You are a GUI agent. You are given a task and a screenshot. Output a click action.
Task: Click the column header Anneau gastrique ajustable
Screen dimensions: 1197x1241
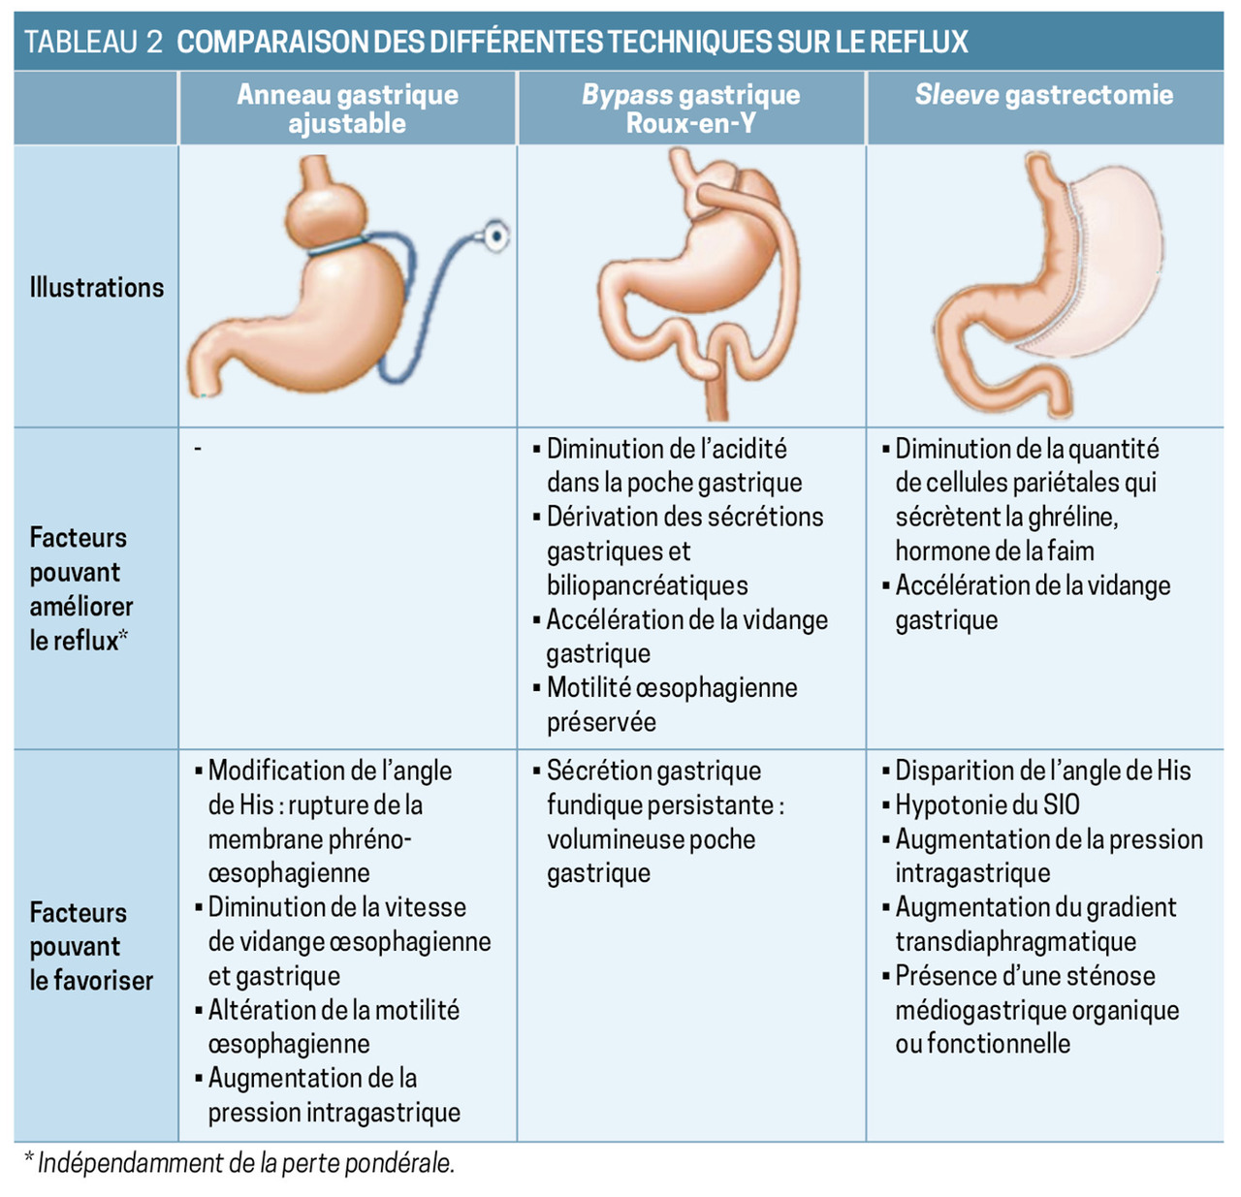[x=347, y=109]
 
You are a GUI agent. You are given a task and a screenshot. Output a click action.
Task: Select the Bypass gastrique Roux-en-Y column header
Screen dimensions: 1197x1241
[x=690, y=109]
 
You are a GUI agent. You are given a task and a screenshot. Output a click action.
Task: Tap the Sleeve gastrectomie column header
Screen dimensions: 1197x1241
[x=1043, y=95]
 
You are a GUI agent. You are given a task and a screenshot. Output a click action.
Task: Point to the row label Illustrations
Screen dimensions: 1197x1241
[x=96, y=287]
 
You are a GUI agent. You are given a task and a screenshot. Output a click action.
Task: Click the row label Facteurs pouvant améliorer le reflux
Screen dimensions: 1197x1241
[x=81, y=588]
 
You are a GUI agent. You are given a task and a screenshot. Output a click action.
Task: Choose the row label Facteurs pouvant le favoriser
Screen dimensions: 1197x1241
[x=91, y=946]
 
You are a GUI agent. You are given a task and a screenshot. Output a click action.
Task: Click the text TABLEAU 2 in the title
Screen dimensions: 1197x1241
[x=93, y=42]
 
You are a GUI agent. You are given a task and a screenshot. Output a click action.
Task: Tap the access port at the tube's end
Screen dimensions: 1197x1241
[x=496, y=236]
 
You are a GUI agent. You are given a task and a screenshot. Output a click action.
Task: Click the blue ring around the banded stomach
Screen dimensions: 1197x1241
[x=335, y=247]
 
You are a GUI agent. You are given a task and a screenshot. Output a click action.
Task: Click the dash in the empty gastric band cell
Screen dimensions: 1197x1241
[x=198, y=448]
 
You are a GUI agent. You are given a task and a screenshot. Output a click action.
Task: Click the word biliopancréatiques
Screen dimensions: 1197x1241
[x=647, y=585]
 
